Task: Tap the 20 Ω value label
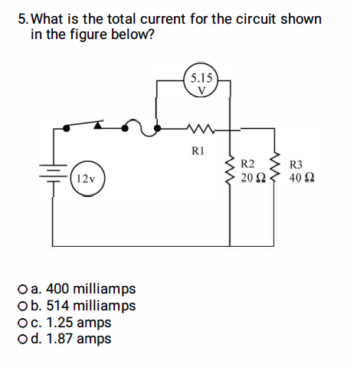tap(251, 179)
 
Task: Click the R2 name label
tap(247, 164)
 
